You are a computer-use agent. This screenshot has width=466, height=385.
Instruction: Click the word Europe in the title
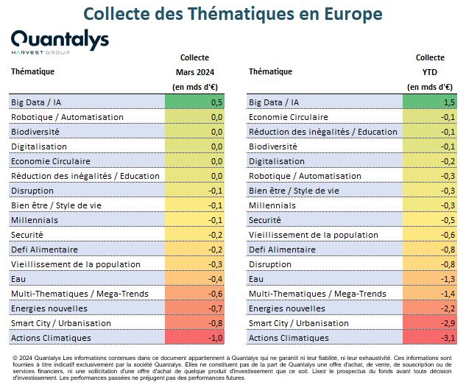353,14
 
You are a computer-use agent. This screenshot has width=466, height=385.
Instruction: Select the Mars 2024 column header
195,72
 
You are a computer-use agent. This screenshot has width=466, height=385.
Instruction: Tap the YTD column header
430,72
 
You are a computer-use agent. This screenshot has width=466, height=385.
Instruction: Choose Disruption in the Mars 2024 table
32,191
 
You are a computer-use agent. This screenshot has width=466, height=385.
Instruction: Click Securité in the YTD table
265,220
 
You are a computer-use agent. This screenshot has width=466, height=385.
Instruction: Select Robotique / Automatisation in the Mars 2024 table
67,117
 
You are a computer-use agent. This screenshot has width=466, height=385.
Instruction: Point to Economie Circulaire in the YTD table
289,117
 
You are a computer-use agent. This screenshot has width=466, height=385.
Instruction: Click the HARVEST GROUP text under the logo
40,52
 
